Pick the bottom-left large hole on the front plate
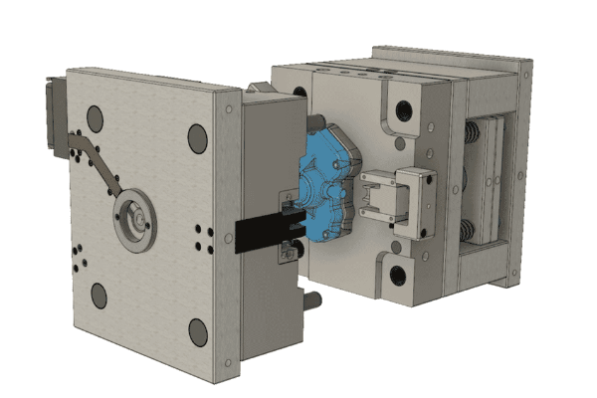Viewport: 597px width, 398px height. coord(99,295)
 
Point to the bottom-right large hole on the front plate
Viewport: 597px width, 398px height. coord(198,331)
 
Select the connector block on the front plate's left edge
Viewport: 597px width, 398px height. coord(52,109)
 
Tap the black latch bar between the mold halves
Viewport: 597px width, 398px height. coord(261,232)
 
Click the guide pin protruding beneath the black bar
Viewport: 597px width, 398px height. coord(311,298)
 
